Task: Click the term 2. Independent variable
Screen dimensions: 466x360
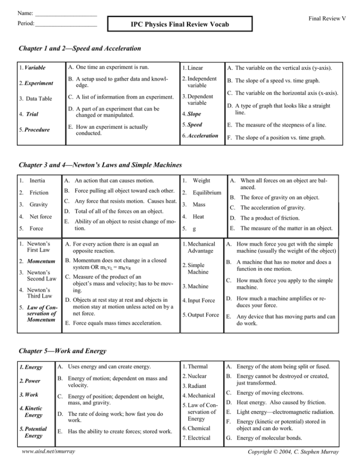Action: (198, 82)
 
